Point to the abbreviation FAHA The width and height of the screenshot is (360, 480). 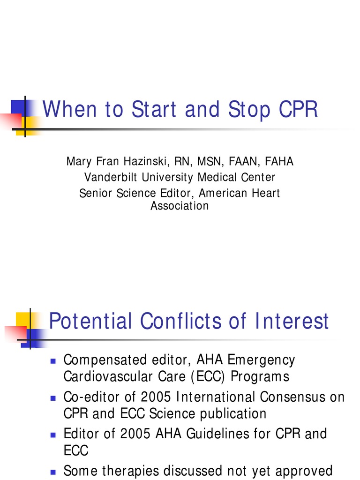[279, 162]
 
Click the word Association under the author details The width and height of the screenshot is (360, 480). [180, 206]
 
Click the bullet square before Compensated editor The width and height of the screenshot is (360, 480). [53, 361]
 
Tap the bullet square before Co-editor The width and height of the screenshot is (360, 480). [53, 398]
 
